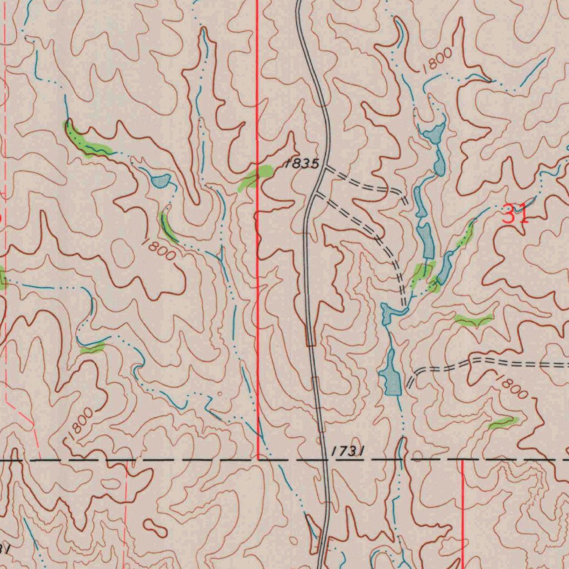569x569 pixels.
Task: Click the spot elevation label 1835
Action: [x=302, y=164]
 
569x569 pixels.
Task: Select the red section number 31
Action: [x=515, y=214]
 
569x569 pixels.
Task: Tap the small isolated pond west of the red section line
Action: [x=160, y=181]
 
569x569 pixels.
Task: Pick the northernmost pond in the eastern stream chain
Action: [x=433, y=133]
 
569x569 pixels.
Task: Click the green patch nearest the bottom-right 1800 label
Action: [x=503, y=423]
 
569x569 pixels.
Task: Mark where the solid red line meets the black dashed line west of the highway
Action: [x=258, y=460]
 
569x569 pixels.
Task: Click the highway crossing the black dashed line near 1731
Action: [x=325, y=460]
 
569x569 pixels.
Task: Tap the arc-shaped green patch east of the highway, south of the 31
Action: [x=473, y=319]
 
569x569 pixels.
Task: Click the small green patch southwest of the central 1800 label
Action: [x=92, y=348]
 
